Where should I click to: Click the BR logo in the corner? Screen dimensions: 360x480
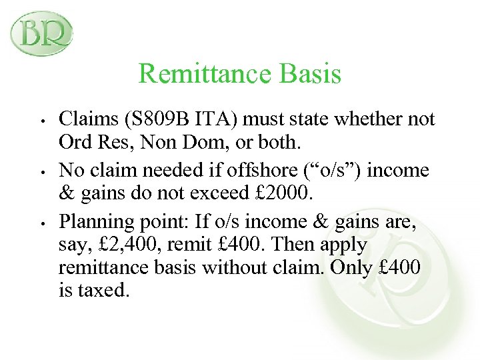[41, 33]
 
